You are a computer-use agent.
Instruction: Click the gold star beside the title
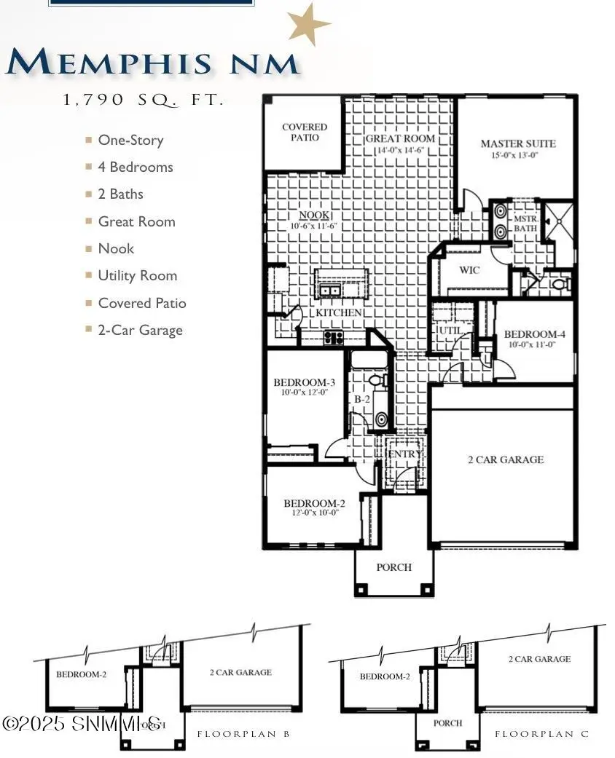[x=310, y=24]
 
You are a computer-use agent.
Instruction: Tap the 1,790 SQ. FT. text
[x=144, y=100]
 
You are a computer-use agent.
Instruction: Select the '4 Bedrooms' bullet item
[x=136, y=167]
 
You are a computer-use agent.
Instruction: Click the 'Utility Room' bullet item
[x=137, y=275]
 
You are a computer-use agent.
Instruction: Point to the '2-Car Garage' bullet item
[x=140, y=330]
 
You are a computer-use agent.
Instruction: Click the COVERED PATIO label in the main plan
[x=305, y=132]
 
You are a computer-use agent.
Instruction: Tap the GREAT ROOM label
[x=400, y=138]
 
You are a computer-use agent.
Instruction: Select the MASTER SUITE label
[x=517, y=143]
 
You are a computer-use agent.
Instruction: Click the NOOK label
[x=315, y=216]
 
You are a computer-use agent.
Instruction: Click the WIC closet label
[x=469, y=270]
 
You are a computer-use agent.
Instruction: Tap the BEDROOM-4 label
[x=534, y=335]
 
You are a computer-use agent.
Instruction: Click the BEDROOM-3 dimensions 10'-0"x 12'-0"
[x=305, y=393]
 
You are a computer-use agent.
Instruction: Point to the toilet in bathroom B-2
[x=376, y=381]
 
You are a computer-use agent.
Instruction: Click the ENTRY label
[x=404, y=454]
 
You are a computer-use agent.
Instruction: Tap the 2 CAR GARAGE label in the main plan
[x=505, y=459]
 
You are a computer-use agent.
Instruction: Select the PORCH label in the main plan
[x=393, y=567]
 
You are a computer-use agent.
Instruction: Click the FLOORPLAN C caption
[x=541, y=734]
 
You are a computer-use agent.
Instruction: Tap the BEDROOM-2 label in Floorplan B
[x=81, y=674]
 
